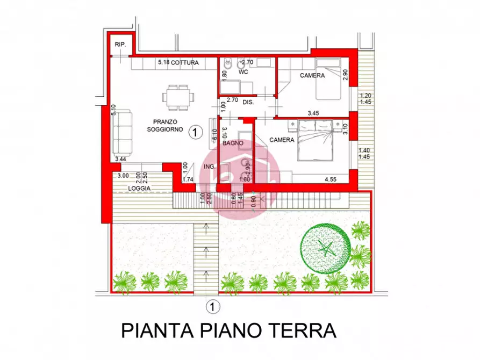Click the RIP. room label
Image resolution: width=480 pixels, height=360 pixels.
coord(120,45)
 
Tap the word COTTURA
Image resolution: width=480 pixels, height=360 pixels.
coord(185,63)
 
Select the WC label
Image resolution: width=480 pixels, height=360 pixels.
coord(243,71)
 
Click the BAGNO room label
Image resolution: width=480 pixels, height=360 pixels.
coord(234,143)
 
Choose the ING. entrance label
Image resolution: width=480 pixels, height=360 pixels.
coord(209,167)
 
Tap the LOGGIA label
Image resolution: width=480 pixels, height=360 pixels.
coord(139,188)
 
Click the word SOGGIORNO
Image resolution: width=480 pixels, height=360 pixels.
coord(165,129)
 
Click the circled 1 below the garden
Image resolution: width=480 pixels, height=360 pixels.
coord(213,307)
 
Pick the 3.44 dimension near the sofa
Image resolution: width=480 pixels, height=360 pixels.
coord(121,159)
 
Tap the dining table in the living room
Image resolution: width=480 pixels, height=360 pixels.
coord(178,97)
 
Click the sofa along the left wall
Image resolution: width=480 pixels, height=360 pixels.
coord(123,132)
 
